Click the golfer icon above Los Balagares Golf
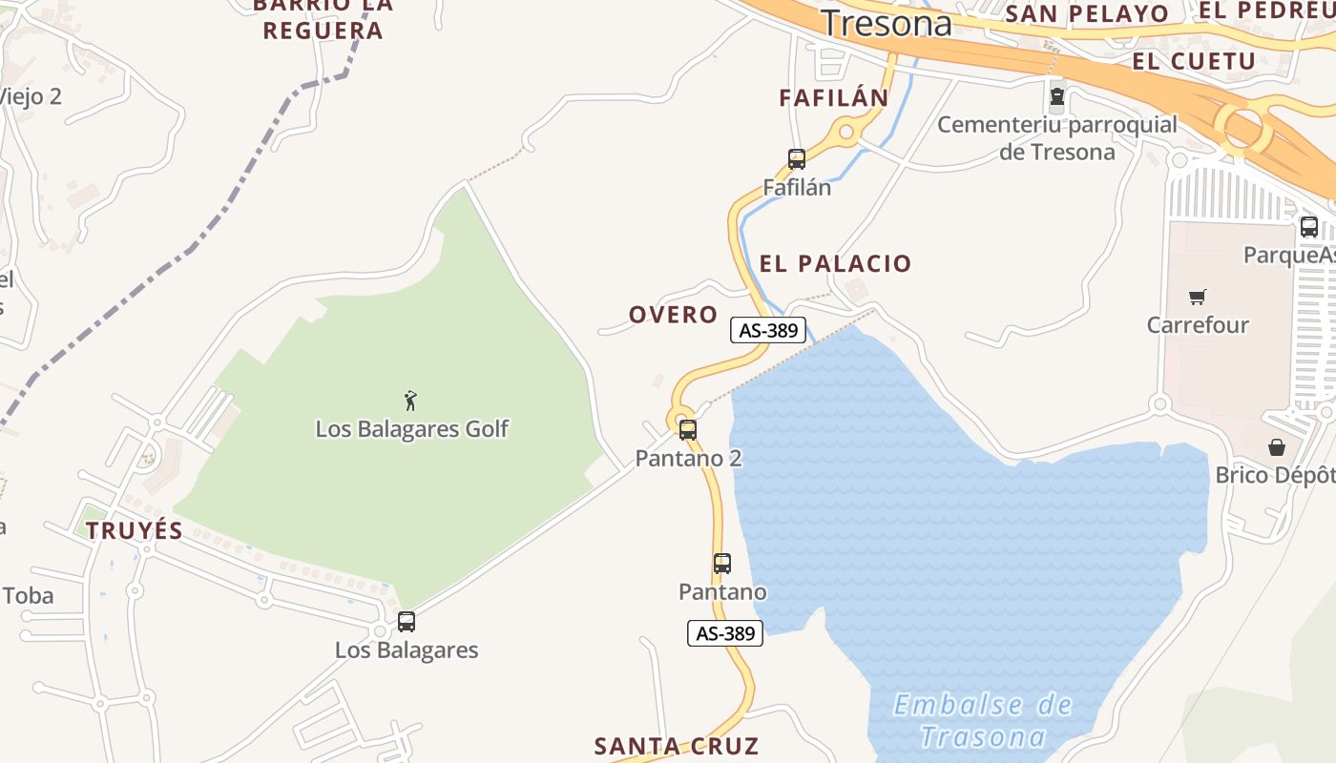[410, 401]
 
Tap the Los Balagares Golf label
[412, 429]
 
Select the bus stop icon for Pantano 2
[688, 430]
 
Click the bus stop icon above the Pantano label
[722, 564]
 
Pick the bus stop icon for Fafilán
[797, 159]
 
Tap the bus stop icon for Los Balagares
[407, 622]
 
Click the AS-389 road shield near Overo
[768, 330]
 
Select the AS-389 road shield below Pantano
[725, 633]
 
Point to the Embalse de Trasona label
[983, 721]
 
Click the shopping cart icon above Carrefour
[1198, 297]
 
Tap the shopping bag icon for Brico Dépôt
[1277, 447]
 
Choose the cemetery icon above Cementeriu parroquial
[1057, 96]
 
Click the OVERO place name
[673, 315]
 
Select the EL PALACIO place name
[836, 264]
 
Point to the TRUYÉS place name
[135, 531]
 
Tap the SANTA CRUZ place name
[677, 746]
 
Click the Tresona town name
[887, 24]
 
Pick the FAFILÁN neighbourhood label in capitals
[834, 97]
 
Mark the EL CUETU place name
[1194, 61]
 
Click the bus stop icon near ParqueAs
[1309, 227]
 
